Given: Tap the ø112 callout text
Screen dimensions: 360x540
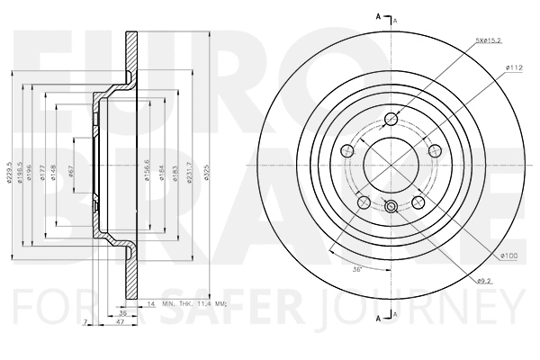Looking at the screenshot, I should (x=514, y=67).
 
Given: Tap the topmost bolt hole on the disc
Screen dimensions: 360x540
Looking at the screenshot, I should (x=391, y=121).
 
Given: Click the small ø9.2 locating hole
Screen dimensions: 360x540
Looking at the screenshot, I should (x=391, y=208).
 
